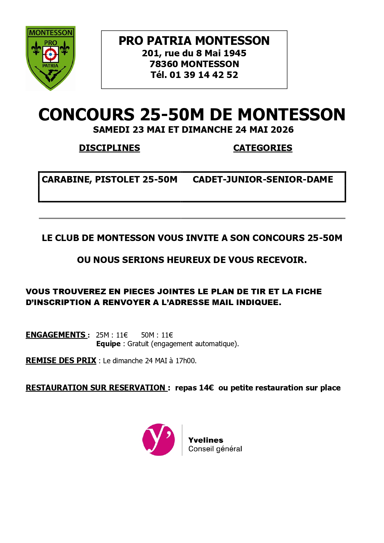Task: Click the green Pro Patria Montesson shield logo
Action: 50,58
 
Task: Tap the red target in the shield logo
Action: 50,54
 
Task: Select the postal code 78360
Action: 164,64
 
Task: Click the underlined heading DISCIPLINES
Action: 110,148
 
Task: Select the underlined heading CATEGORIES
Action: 263,148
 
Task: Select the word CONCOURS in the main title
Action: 86,115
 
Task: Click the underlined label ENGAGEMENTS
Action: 56,335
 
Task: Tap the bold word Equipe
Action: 108,344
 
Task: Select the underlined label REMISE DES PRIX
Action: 61,361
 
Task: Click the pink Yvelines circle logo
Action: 158,439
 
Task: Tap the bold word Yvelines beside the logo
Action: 206,440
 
